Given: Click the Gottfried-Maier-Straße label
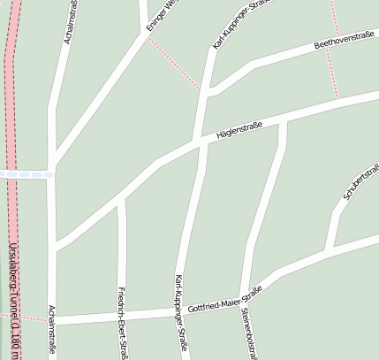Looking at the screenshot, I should pos(225,297).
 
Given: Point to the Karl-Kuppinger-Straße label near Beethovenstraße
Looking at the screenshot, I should pos(236,24).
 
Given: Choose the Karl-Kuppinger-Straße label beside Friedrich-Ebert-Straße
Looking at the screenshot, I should pos(181,314).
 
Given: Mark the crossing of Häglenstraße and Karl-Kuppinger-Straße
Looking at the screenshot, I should pos(201,142).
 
